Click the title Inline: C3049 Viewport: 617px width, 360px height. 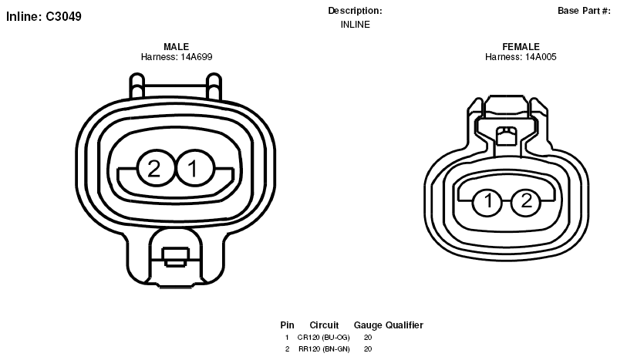click(44, 16)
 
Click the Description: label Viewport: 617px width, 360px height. click(355, 11)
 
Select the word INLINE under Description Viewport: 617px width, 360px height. click(355, 25)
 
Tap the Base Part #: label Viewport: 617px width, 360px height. click(584, 11)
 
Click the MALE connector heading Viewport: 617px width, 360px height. click(177, 47)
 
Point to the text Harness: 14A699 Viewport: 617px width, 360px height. click(177, 57)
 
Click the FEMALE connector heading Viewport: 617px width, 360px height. click(521, 47)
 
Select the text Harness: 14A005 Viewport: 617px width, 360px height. click(521, 57)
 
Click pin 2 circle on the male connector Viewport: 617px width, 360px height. click(155, 168)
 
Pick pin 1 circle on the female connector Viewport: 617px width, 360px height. click(487, 202)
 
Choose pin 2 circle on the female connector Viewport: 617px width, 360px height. click(526, 202)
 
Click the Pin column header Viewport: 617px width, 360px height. click(287, 325)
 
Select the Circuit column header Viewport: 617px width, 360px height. click(324, 325)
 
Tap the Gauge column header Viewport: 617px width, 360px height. click(368, 325)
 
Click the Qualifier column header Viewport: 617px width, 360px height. click(404, 325)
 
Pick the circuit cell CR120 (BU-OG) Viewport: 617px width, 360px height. click(323, 338)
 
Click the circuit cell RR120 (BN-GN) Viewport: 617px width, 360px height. click(324, 349)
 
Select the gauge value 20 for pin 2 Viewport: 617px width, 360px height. click(368, 349)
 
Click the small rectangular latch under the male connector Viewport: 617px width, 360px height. click(176, 257)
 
